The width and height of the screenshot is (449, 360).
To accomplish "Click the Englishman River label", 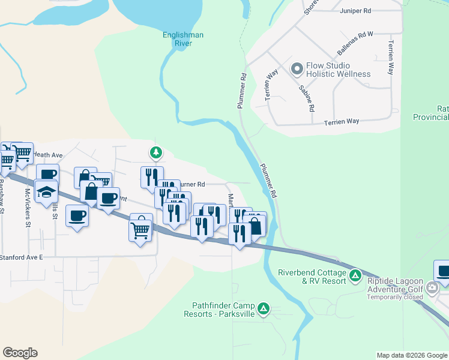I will pos(183,39).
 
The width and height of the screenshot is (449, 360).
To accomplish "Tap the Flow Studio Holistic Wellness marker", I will pos(296,70).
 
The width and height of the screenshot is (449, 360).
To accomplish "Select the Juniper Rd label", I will pos(355,11).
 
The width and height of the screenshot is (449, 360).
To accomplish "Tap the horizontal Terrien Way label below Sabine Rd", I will pos(342,121).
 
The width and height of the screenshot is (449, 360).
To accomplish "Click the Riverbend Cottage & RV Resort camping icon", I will pos(355,275).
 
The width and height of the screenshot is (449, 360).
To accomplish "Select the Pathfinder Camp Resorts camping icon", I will pos(263,309).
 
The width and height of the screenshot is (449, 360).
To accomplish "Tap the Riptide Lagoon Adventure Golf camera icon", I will pos(432,289).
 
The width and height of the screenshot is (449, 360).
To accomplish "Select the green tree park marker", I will pos(155,153).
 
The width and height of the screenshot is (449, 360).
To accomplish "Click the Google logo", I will pos(20,353).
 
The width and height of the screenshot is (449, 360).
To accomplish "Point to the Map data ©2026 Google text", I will pos(412,355).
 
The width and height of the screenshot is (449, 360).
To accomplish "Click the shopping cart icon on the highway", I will pos(140,228).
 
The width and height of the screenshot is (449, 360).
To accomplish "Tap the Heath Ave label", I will pos(48,155).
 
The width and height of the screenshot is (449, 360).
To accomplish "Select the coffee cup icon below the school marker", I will pos(77,215).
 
